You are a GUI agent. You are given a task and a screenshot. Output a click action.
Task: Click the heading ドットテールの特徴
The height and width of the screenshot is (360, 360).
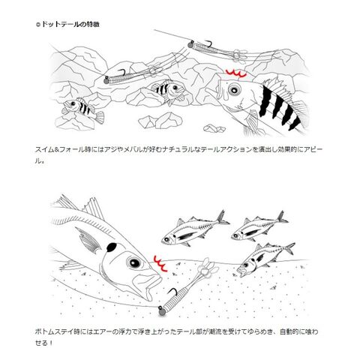tap(70, 24)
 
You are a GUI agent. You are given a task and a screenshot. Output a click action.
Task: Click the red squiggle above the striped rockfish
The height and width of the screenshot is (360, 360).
tap(236, 73)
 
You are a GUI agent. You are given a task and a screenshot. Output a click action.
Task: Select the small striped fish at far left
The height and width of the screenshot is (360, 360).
tap(83, 109)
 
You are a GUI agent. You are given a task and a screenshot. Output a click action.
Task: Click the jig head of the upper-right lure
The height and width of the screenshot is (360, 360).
tap(190, 45)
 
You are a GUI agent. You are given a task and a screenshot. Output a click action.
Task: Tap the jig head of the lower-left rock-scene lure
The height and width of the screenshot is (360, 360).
tap(106, 80)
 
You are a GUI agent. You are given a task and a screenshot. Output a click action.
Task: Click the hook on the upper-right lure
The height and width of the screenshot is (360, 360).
tap(208, 43)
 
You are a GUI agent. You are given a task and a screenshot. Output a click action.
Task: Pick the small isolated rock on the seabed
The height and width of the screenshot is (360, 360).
tap(214, 129)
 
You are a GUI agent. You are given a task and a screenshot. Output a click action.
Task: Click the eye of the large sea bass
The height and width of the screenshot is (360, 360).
tap(134, 262)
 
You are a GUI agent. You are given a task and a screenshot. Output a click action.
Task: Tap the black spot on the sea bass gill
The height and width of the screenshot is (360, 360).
tap(112, 247)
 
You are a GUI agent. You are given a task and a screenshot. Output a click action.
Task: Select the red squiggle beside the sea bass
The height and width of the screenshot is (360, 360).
tap(160, 263)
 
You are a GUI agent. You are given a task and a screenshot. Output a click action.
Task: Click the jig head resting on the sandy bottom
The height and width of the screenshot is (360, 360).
tap(161, 311)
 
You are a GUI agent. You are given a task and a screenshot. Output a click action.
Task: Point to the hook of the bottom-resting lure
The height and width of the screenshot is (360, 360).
tap(172, 292)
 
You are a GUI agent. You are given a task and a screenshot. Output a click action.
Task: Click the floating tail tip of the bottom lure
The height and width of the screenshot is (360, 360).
tap(207, 268)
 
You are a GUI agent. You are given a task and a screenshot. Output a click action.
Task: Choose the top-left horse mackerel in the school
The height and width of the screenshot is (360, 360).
tap(195, 229)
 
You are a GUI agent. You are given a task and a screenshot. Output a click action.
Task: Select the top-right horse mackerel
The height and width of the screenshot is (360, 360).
tap(259, 227)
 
